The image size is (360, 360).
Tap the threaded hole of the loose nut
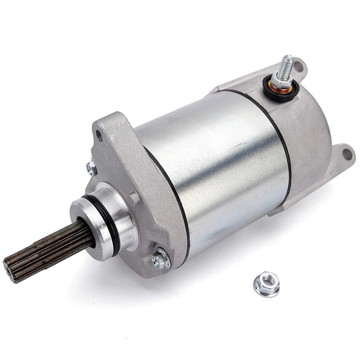pos(266,280)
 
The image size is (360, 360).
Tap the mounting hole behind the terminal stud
pos(298,66)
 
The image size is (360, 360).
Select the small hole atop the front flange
pos(99,136)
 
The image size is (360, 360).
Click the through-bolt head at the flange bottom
pos(161,258)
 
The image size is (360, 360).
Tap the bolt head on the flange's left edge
pos(91,167)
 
